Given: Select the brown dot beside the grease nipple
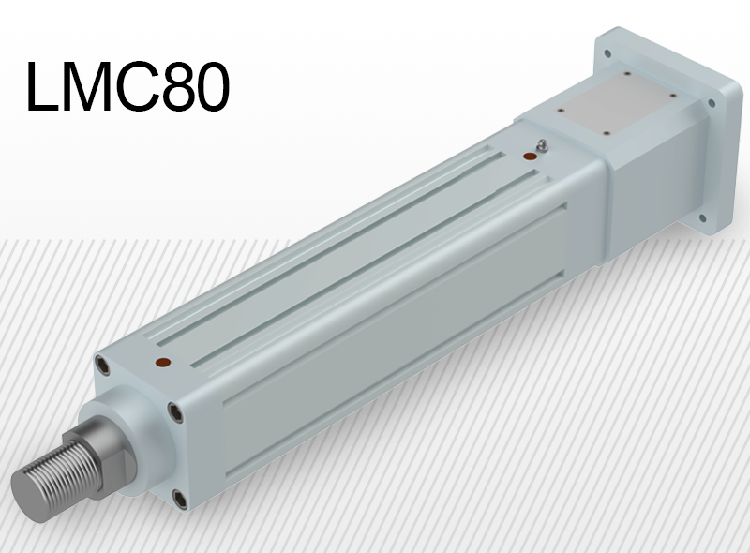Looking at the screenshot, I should [x=530, y=157].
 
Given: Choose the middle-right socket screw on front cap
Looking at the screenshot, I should [x=173, y=410].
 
